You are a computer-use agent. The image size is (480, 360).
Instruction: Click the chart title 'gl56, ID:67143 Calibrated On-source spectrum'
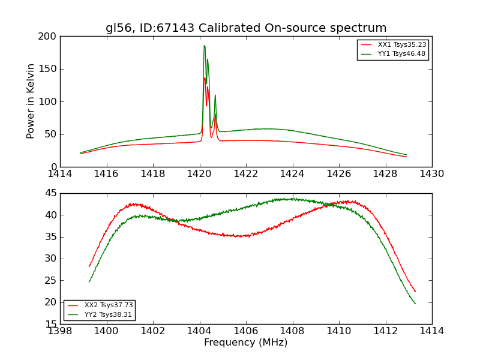click(246, 28)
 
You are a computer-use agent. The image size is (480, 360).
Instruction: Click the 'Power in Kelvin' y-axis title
click(31, 101)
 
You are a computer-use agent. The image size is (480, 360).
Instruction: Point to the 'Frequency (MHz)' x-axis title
click(245, 343)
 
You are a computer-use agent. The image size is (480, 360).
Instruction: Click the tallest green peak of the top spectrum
click(204, 46)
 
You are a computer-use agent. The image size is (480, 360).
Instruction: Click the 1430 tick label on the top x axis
click(431, 174)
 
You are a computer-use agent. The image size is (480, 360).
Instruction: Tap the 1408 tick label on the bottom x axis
click(292, 331)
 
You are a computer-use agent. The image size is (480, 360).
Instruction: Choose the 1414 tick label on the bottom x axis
click(431, 331)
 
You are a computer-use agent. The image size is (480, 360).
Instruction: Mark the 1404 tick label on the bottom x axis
click(199, 331)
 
